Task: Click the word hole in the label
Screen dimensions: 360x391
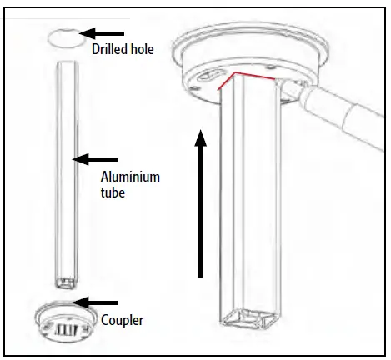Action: (150, 49)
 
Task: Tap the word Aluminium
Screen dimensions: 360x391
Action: (130, 177)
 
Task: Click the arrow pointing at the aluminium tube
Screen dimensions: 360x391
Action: (97, 157)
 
